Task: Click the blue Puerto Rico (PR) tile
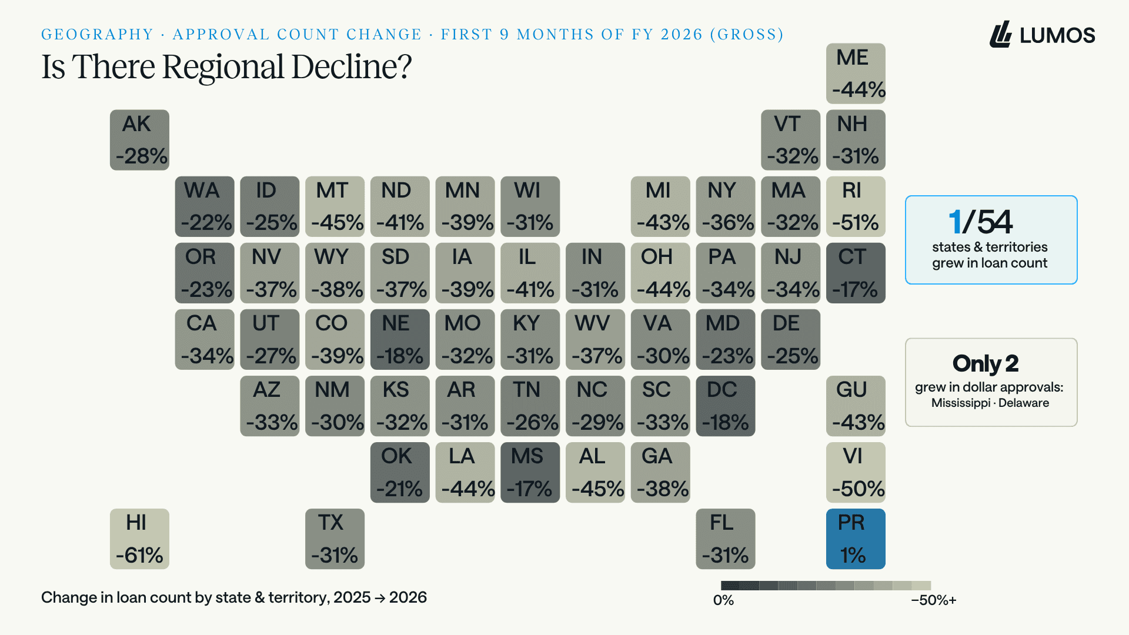856,539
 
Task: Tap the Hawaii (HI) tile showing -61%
139,539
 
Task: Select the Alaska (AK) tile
139,140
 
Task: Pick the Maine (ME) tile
856,73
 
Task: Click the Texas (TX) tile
335,539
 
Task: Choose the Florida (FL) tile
725,539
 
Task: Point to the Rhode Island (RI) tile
856,206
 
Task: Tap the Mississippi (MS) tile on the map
530,472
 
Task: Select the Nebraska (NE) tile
400,339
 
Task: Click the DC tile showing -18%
725,406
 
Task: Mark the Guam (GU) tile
856,406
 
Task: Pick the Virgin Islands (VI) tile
856,472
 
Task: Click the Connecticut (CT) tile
856,273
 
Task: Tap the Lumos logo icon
1001,34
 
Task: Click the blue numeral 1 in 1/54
955,222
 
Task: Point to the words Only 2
986,364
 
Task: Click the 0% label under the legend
723,600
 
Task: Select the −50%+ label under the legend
934,600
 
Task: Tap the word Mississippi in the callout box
961,403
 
